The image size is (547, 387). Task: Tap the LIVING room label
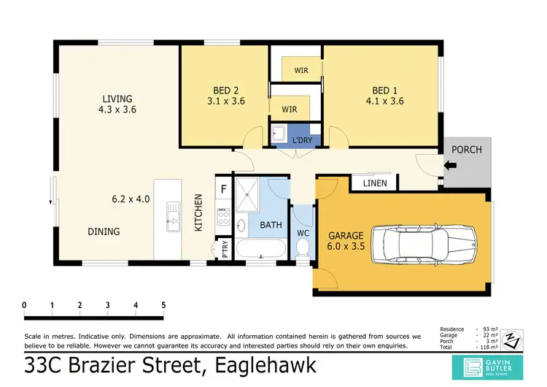pos(117,99)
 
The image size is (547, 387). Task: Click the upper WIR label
pos(300,70)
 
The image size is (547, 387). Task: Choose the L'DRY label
pos(301,140)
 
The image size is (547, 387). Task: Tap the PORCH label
pos(467,150)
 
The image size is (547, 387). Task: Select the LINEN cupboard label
pos(375,183)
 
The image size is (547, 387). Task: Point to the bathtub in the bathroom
pos(262,253)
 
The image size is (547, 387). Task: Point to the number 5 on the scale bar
pos(163,304)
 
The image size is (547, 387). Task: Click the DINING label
pos(104,231)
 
